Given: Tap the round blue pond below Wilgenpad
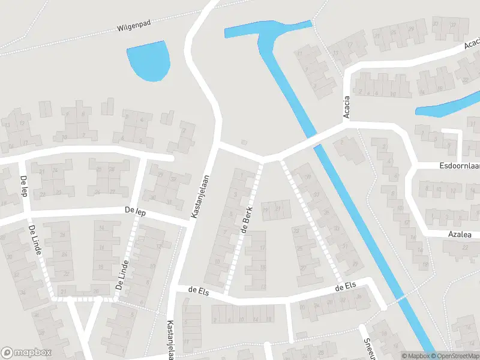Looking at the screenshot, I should coord(148,60).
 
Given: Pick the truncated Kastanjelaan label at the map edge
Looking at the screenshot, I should coord(171,338).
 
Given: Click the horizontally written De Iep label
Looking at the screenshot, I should coord(136,211).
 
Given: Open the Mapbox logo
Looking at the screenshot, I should coord(26,353).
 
